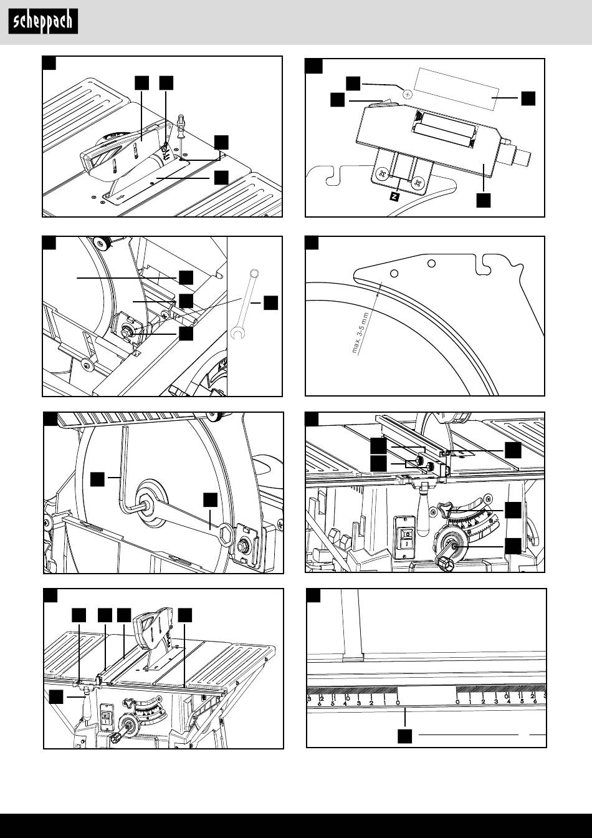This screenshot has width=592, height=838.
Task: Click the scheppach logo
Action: click(43, 22)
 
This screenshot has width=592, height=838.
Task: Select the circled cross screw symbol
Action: click(407, 94)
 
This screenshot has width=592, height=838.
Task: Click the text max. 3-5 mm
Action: click(361, 332)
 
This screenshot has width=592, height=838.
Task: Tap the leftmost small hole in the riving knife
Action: click(394, 273)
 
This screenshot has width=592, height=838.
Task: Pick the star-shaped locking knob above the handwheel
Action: click(447, 509)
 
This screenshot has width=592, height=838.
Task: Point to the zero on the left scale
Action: click(398, 701)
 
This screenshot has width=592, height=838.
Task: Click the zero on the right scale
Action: click(458, 701)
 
